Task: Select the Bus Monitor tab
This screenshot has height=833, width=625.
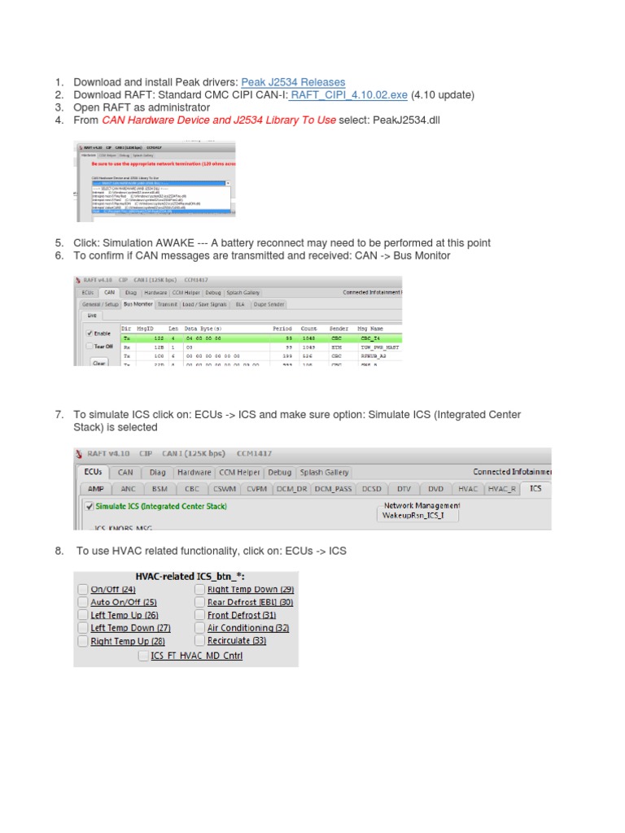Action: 138,304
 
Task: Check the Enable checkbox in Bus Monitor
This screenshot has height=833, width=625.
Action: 90,334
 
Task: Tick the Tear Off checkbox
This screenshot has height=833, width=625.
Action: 90,347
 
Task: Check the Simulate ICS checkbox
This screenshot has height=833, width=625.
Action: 90,506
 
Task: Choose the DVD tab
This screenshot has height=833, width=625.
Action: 435,489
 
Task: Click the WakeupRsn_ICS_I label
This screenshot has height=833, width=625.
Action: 414,517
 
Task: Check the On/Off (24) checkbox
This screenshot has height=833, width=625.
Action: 83,589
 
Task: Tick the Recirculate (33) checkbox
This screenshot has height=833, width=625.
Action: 200,641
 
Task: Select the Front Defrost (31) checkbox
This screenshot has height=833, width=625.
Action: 200,615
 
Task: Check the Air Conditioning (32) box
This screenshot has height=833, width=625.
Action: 200,628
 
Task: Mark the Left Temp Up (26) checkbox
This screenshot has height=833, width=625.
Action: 83,615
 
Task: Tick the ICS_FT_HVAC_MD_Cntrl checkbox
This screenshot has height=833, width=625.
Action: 143,656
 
